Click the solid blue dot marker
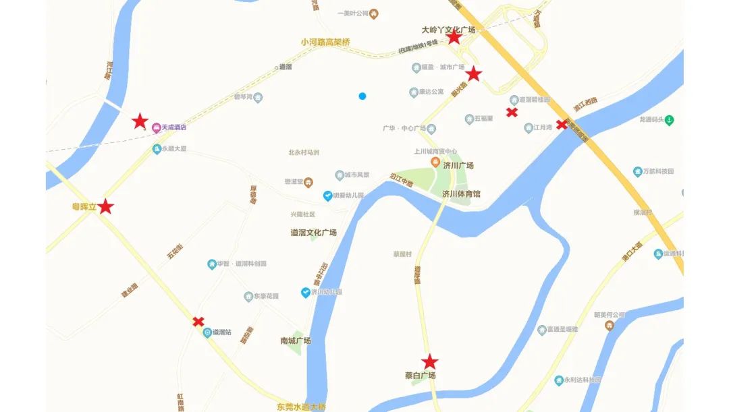(x=362, y=96)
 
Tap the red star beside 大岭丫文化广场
(x=454, y=38)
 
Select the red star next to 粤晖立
(x=106, y=207)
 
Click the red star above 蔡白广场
(x=430, y=362)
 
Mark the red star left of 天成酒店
(x=140, y=121)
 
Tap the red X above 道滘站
(x=198, y=322)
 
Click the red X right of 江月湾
(x=562, y=124)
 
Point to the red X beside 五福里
(x=512, y=112)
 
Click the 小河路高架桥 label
(x=326, y=42)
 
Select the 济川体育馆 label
(x=461, y=194)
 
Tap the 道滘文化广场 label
(x=313, y=233)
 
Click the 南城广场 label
(x=295, y=341)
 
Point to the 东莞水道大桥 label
(x=301, y=407)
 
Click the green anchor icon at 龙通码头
(x=669, y=121)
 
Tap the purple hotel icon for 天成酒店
(x=156, y=127)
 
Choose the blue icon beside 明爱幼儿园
(x=327, y=196)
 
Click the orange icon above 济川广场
(x=435, y=162)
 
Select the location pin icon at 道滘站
(x=207, y=332)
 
